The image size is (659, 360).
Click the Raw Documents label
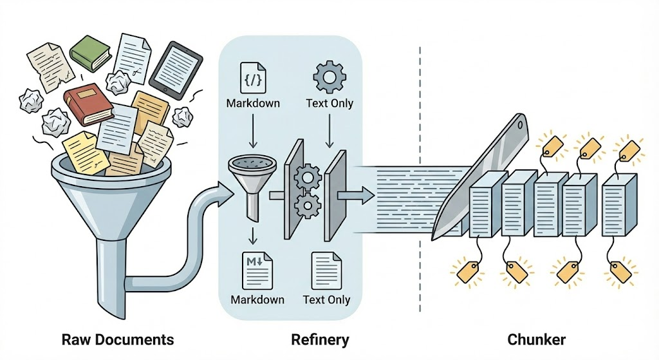(118, 339)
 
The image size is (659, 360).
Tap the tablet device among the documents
(176, 67)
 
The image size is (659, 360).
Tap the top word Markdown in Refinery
(253, 103)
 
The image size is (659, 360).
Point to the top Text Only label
(329, 103)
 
